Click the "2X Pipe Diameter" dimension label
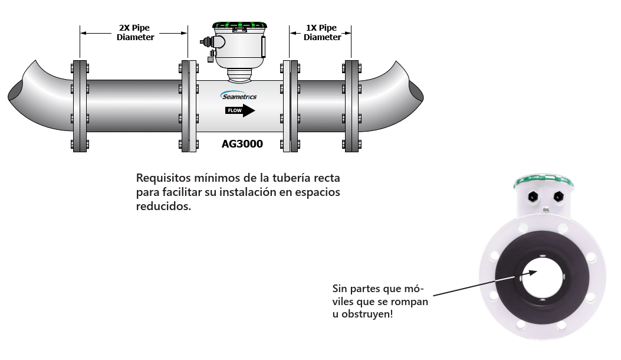click(x=135, y=32)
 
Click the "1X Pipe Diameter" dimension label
click(x=321, y=32)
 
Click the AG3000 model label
click(x=242, y=143)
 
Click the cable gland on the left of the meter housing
click(x=208, y=42)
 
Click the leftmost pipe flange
click(x=79, y=105)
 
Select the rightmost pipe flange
click(x=352, y=105)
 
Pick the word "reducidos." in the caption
click(x=163, y=207)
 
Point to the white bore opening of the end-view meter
click(x=542, y=277)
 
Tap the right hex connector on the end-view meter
click(x=558, y=196)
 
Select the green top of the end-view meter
click(x=543, y=178)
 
